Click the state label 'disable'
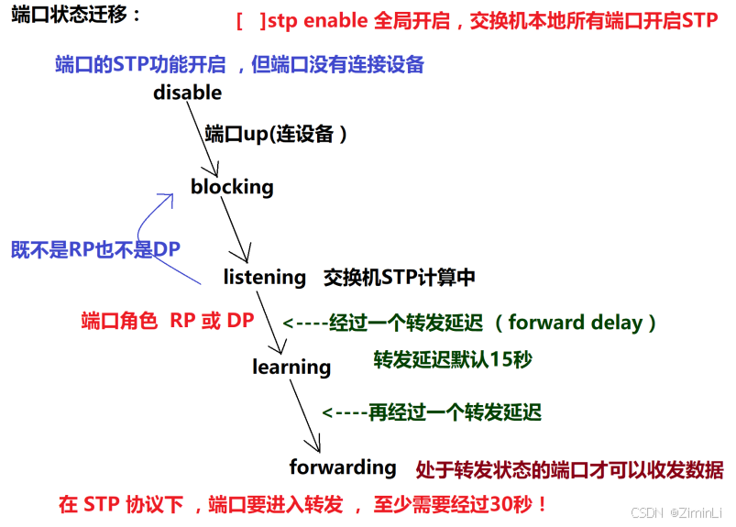pos(187,93)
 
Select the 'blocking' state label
pos(232,187)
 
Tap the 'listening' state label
pos(265,277)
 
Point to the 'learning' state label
pos(291,367)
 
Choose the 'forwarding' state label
pos(343,467)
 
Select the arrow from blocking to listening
pos(237,230)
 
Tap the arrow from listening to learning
pos(272,322)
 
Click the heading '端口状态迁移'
pos(77,16)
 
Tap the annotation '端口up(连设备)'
pos(276,134)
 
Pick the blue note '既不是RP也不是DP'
pos(95,249)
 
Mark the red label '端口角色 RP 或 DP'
pos(168,321)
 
